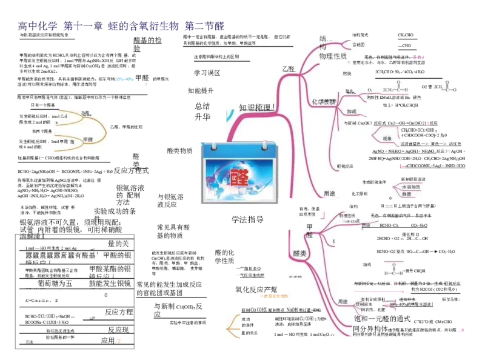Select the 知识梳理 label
(257, 107)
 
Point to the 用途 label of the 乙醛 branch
(329, 193)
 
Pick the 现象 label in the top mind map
(387, 138)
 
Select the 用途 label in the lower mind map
(343, 301)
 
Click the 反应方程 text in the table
(119, 312)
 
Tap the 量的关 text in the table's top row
(120, 244)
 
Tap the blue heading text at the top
(121, 26)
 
